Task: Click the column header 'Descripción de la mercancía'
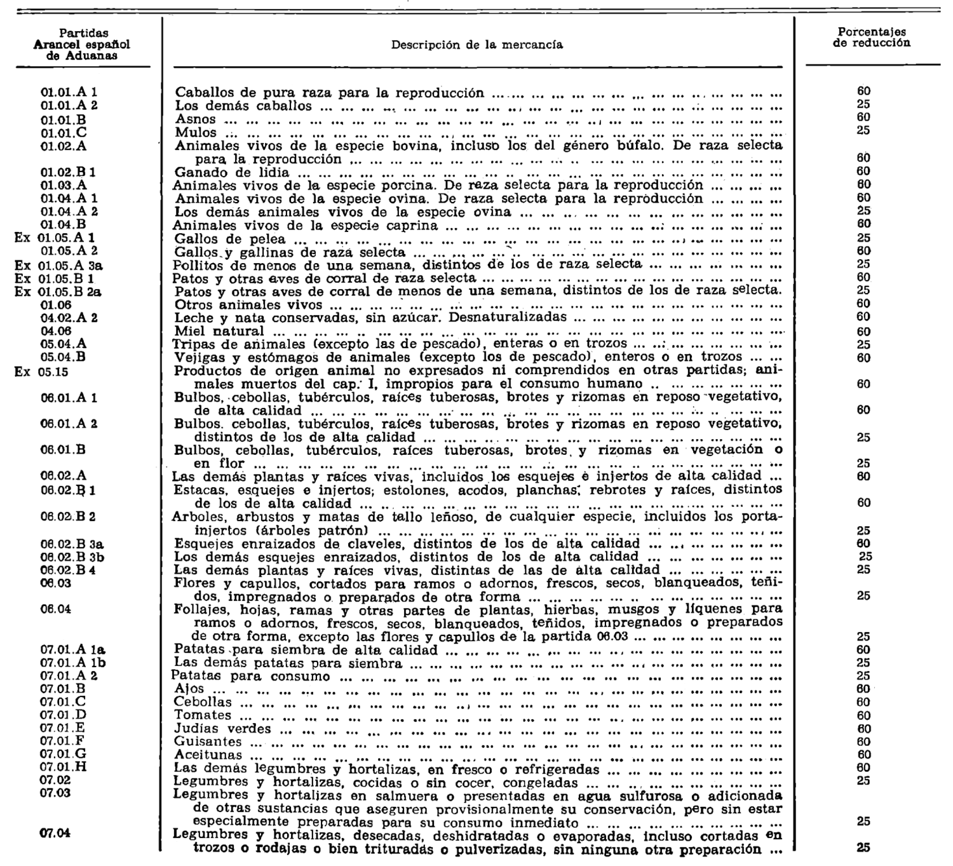click(x=476, y=45)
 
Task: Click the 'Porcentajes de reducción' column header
click(x=872, y=37)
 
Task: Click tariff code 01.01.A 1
click(x=69, y=93)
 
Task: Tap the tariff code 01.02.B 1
click(x=69, y=172)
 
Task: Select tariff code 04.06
click(x=57, y=330)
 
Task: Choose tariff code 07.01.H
click(x=64, y=767)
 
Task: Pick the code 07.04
click(x=55, y=834)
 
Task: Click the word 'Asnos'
click(x=196, y=119)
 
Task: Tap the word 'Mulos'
click(x=196, y=133)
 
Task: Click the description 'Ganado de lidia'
click(x=231, y=172)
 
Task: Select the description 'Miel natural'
click(x=219, y=331)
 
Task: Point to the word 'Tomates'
click(x=202, y=715)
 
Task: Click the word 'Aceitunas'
click(x=208, y=755)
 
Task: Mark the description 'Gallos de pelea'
click(x=229, y=240)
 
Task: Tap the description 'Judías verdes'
click(x=222, y=729)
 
